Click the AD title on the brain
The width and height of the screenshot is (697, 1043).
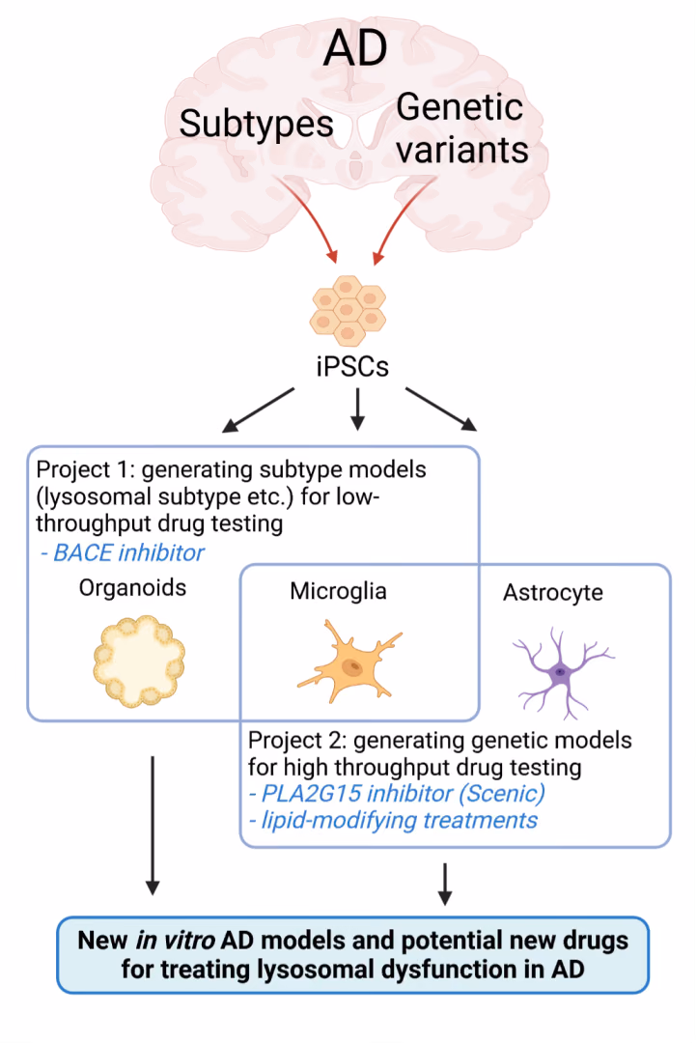click(355, 47)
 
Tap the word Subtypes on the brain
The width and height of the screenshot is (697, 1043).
click(256, 125)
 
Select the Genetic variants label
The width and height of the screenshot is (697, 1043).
click(462, 127)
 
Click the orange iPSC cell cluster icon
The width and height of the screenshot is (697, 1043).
click(348, 311)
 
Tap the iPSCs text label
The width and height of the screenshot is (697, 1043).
click(351, 367)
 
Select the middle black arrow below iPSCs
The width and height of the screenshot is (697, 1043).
click(358, 409)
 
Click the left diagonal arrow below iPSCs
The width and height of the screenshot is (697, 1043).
click(258, 410)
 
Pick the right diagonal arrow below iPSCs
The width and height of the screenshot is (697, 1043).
click(441, 409)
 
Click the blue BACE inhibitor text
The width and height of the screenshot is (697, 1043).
click(123, 552)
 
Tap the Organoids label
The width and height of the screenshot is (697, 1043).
click(132, 588)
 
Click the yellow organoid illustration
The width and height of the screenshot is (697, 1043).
click(139, 661)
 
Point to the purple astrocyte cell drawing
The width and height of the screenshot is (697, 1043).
click(562, 672)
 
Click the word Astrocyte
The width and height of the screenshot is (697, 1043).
click(553, 592)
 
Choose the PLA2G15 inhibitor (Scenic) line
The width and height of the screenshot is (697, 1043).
click(397, 794)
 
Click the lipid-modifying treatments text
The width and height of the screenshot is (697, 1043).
click(393, 821)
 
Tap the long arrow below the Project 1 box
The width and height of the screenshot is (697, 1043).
click(153, 826)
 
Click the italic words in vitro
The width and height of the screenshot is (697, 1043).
click(175, 941)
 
